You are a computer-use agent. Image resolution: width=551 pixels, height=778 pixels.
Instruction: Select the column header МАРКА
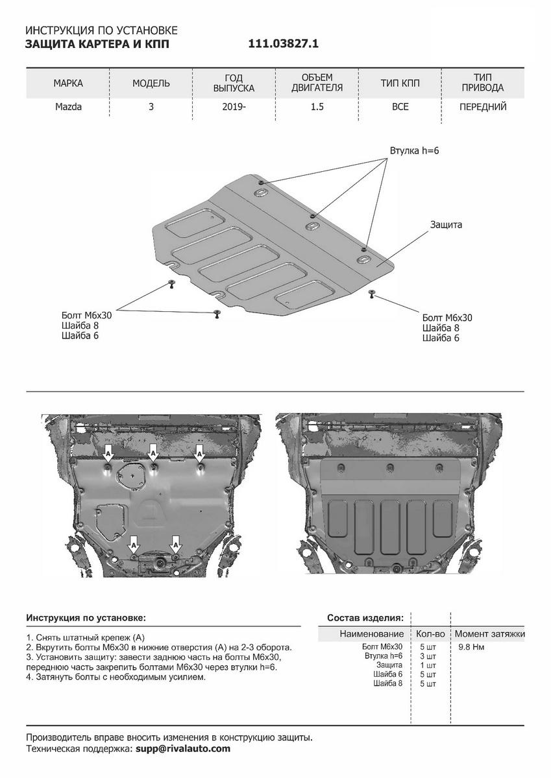68,84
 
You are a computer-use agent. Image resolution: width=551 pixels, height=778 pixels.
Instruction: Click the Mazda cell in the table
68,107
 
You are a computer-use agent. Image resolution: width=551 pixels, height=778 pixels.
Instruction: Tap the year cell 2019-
234,107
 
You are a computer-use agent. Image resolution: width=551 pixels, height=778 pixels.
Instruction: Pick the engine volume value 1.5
317,107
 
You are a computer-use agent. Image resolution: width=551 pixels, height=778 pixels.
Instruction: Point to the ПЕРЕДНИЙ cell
482,107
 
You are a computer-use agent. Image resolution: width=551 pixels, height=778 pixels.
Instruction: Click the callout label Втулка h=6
415,150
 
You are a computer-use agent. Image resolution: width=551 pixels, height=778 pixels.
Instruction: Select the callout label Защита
446,225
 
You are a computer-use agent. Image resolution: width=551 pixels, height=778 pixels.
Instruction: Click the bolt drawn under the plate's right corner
371,294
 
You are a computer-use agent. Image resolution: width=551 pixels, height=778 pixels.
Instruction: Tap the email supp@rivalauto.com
182,749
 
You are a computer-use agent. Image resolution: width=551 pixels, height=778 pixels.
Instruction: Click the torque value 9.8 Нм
472,647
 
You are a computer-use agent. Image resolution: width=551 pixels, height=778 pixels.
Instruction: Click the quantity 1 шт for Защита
428,665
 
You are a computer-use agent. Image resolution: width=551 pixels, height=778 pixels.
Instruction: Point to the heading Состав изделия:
365,617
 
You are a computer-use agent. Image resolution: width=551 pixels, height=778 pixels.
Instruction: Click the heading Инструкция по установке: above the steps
86,617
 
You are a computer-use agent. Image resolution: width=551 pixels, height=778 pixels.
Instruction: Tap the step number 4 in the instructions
29,677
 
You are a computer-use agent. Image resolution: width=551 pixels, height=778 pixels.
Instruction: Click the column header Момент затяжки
489,633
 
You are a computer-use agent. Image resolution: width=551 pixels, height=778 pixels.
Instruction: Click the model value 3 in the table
151,107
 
